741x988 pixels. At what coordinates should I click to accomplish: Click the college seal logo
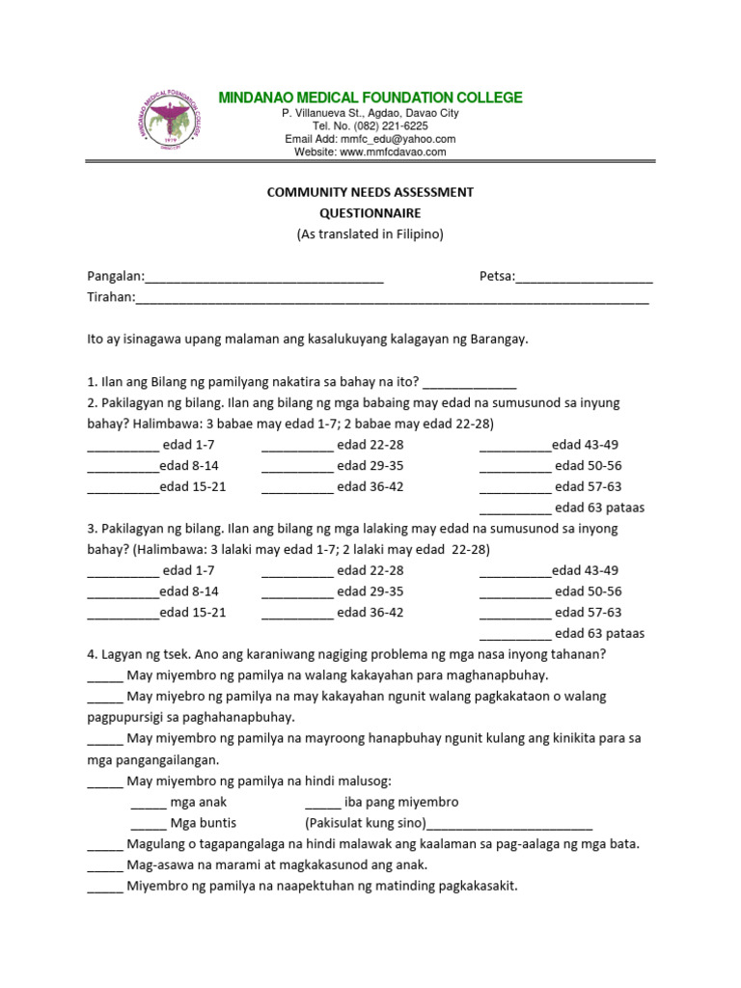(x=174, y=124)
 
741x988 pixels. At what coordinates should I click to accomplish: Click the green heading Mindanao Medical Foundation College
(x=370, y=97)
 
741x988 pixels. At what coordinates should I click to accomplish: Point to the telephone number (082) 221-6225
(x=393, y=126)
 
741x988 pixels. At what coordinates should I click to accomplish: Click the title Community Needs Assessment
(x=370, y=192)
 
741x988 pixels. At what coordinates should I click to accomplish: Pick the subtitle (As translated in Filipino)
(x=370, y=234)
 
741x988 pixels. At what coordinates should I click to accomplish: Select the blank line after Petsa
(x=584, y=279)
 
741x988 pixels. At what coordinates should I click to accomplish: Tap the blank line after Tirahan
(x=392, y=300)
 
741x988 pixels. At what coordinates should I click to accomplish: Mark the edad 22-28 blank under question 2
(x=296, y=447)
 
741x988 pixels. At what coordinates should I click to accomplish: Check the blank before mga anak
(x=148, y=804)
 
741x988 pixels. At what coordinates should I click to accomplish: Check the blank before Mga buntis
(x=148, y=825)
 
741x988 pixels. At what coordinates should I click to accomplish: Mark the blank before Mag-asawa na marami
(x=104, y=866)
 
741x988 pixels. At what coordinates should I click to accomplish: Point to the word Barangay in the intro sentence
(x=496, y=340)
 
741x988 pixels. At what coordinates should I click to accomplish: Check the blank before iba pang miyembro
(x=322, y=804)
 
